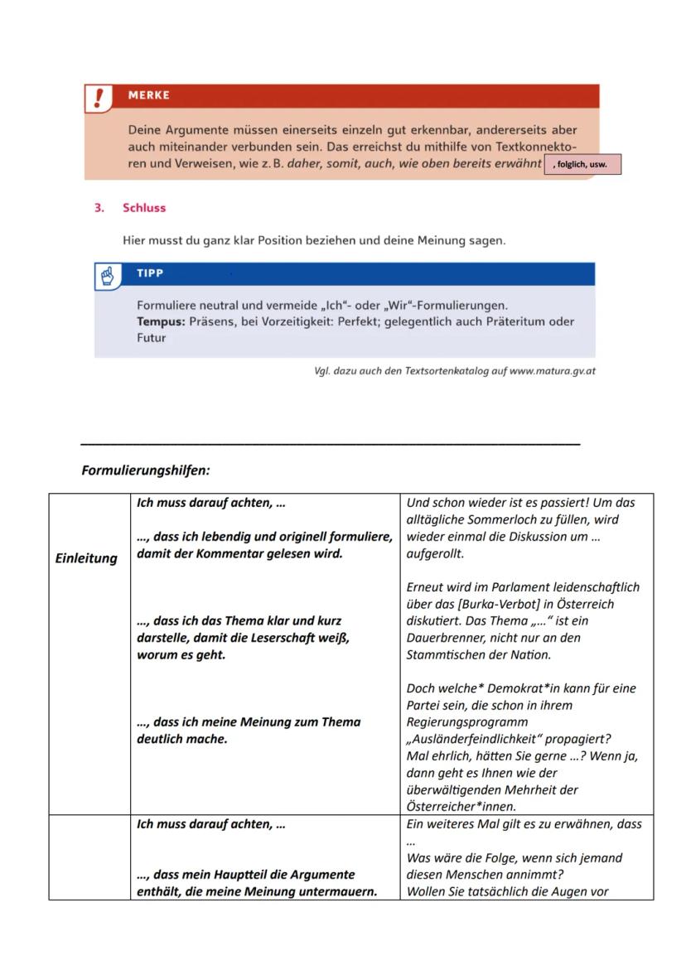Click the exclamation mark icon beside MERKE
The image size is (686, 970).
99,98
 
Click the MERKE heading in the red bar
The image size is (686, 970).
149,95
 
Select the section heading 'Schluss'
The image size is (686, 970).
144,208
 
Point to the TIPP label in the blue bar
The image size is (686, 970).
150,273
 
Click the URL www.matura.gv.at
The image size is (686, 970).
553,371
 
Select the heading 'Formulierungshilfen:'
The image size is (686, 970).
146,471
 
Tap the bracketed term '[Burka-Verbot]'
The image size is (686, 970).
488,604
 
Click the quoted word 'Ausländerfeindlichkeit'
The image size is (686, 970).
476,739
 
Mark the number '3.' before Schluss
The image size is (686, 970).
99,208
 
